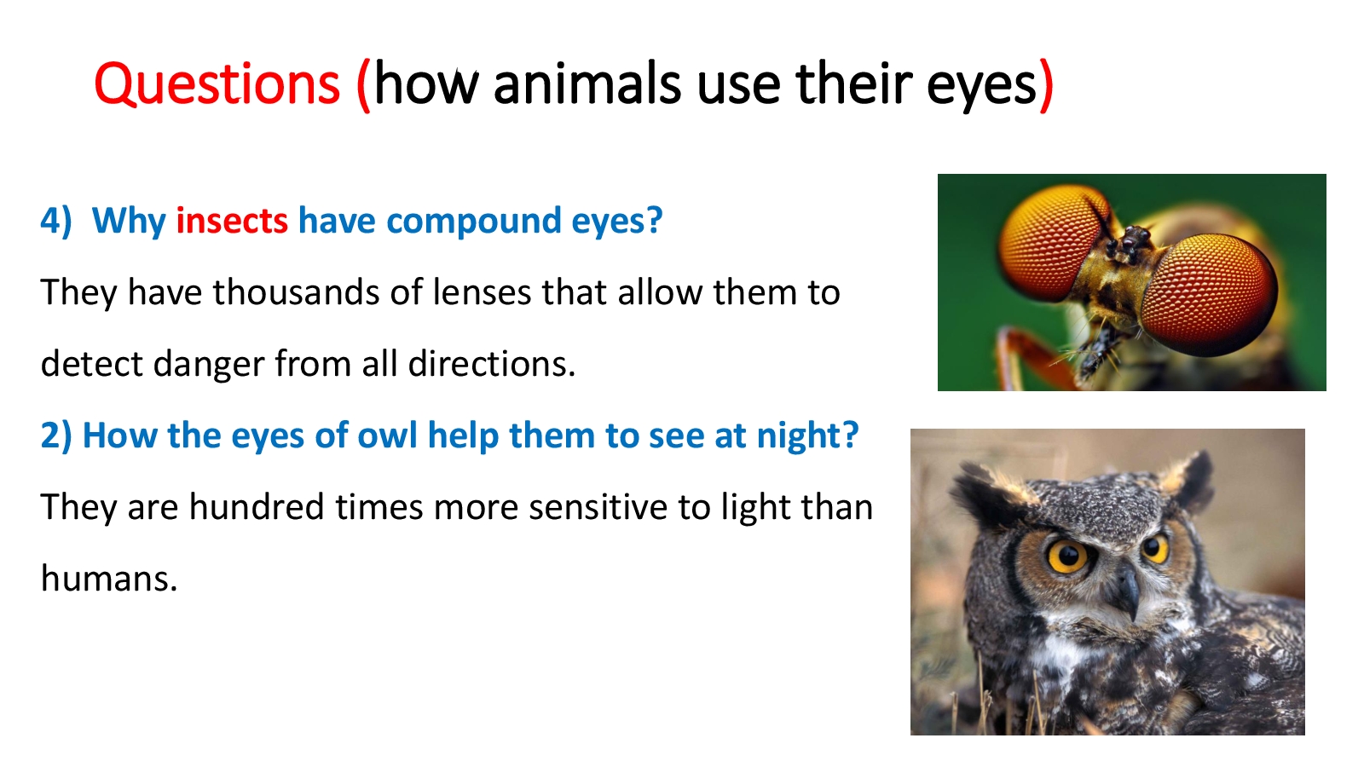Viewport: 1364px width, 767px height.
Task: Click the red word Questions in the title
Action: click(x=217, y=85)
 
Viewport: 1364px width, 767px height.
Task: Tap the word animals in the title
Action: click(x=587, y=84)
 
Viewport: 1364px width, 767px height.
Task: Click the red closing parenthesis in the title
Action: click(x=1046, y=85)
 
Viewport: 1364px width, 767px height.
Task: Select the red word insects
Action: click(x=231, y=221)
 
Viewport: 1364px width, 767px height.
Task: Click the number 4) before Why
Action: click(x=56, y=221)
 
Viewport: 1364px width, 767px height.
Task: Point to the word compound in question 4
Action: click(x=474, y=222)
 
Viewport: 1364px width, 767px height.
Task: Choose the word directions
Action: click(x=491, y=364)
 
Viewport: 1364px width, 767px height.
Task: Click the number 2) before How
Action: click(x=56, y=435)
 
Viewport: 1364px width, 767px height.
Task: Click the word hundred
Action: click(x=257, y=507)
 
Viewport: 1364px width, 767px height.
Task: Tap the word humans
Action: click(x=109, y=579)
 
